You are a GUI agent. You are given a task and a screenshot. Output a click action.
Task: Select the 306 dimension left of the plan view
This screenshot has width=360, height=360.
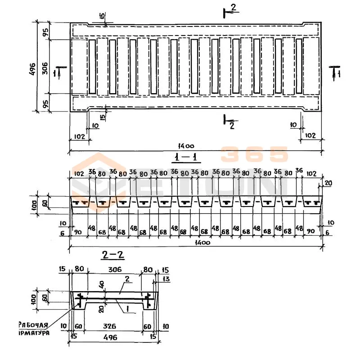pyautogui.click(x=45, y=66)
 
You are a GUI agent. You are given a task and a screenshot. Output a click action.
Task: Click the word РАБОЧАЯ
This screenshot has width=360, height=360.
pyautogui.click(x=33, y=324)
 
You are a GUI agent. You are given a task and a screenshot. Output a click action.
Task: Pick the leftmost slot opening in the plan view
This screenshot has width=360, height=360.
pyautogui.click(x=92, y=67)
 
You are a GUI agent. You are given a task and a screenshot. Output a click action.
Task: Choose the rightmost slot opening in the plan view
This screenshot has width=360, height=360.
pyautogui.click(x=298, y=67)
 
